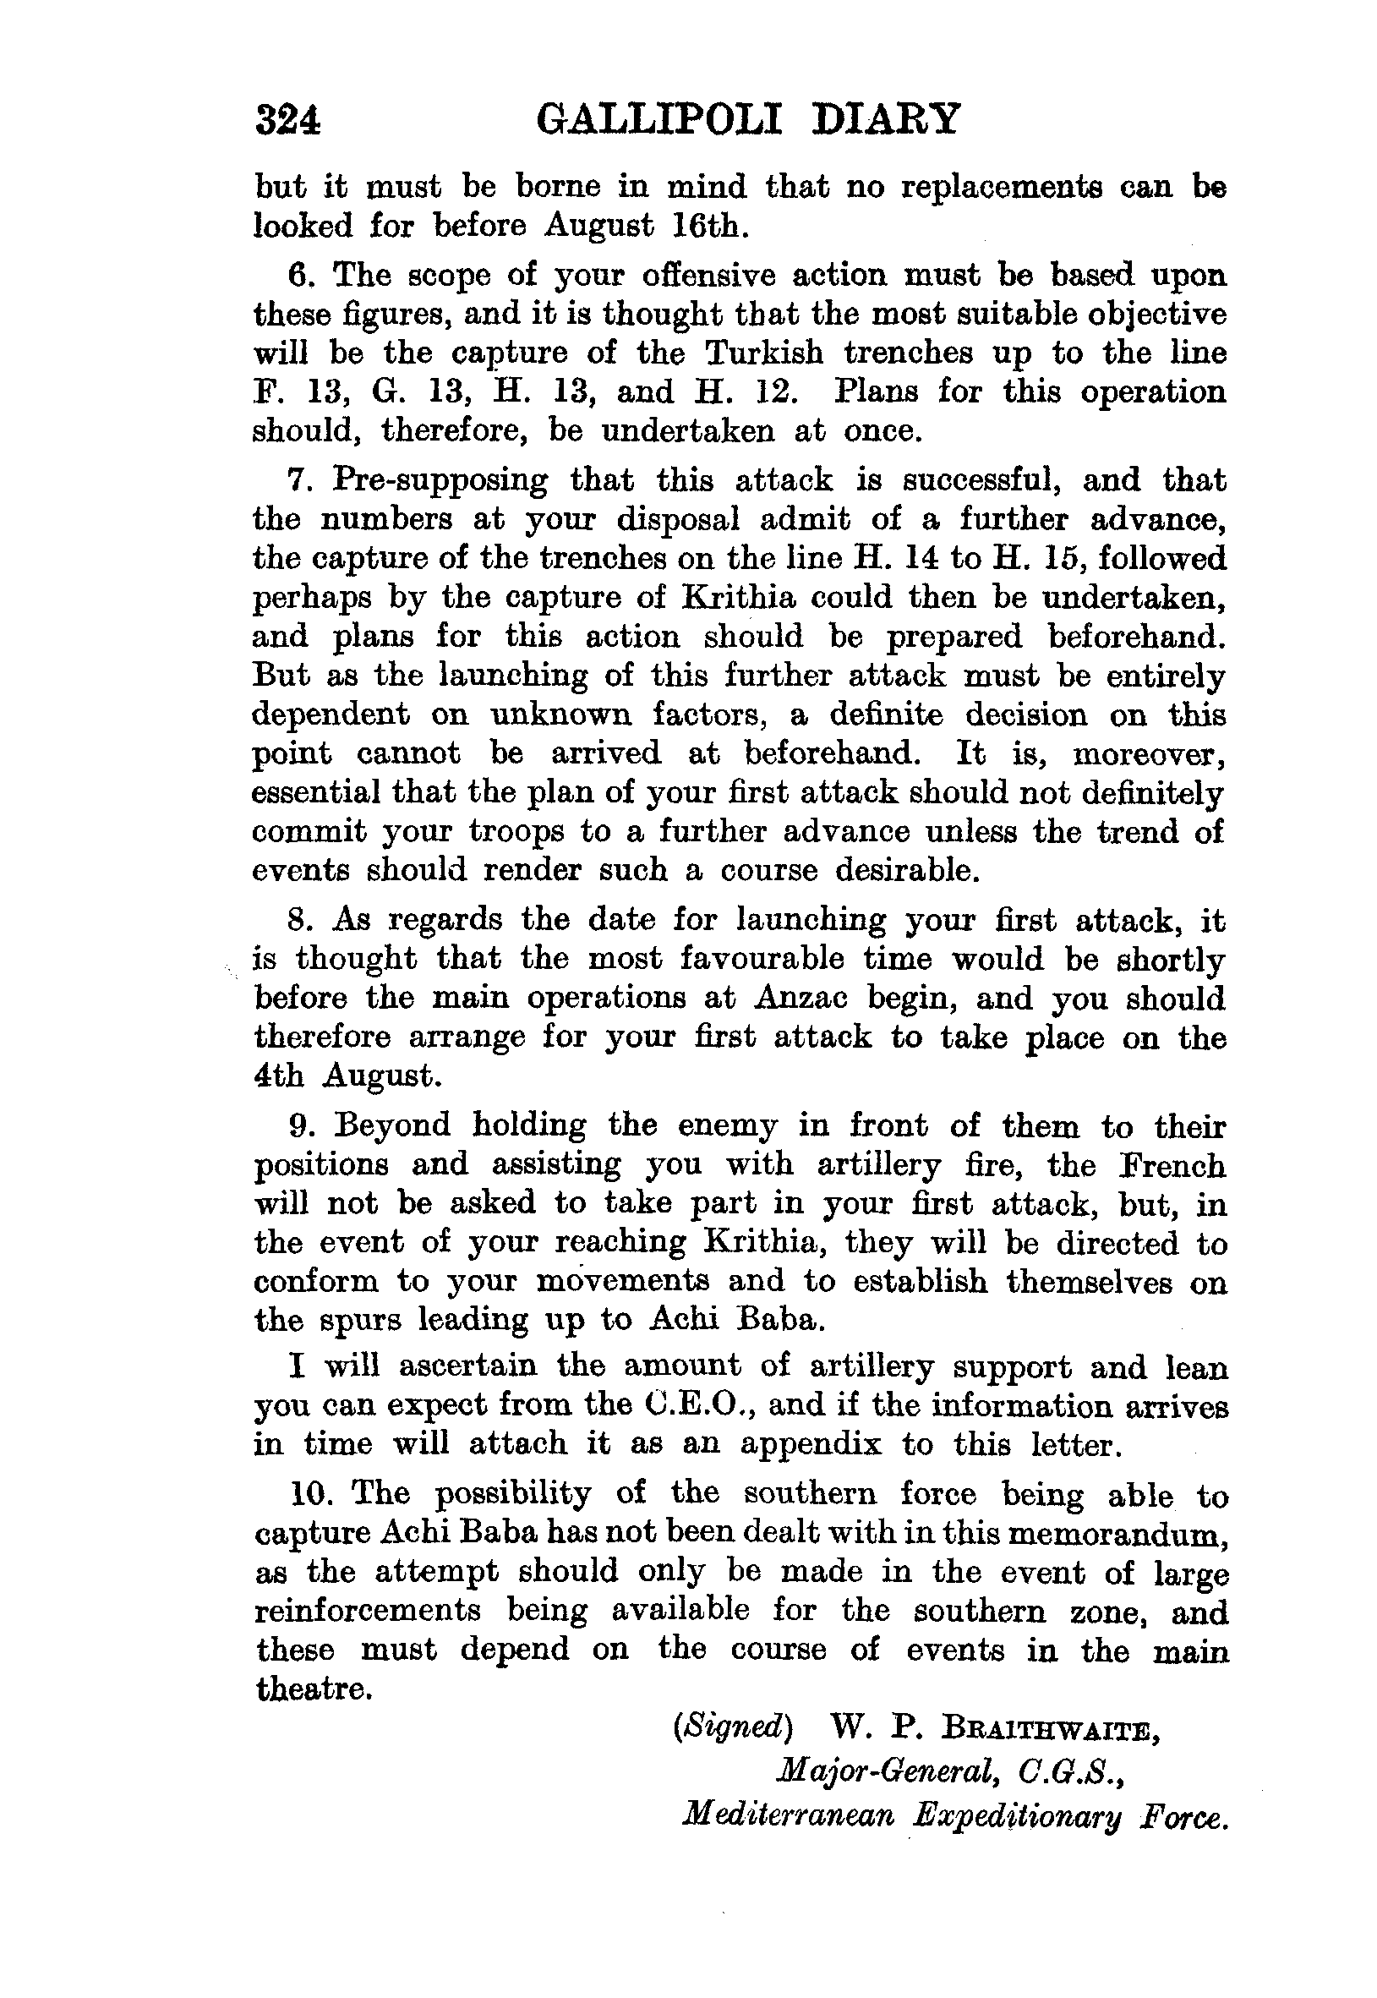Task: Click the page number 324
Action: [x=287, y=120]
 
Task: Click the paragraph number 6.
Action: [x=298, y=276]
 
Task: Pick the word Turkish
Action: [x=763, y=353]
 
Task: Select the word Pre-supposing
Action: [x=440, y=480]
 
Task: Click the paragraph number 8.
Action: [x=298, y=920]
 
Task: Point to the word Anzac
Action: [x=801, y=999]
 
